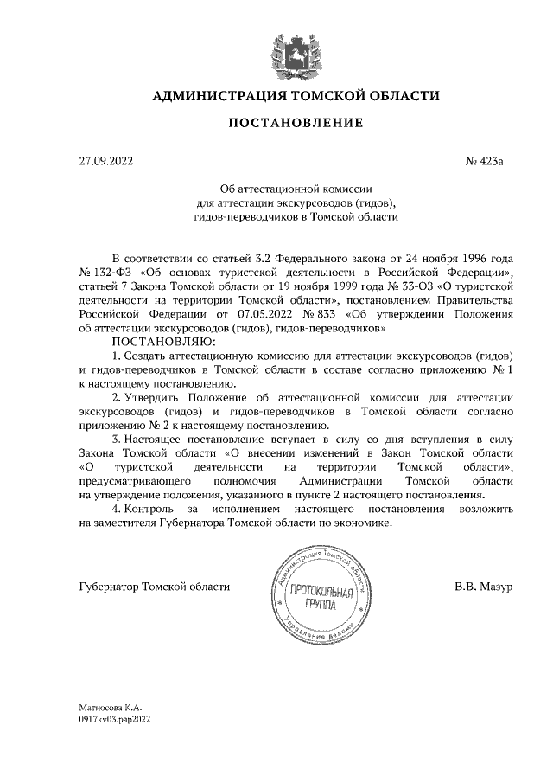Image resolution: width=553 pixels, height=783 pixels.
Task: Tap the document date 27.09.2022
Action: [x=105, y=161]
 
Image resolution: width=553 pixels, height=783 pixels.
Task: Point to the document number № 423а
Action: [x=490, y=161]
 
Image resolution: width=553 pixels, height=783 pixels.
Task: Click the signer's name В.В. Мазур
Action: [x=484, y=587]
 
